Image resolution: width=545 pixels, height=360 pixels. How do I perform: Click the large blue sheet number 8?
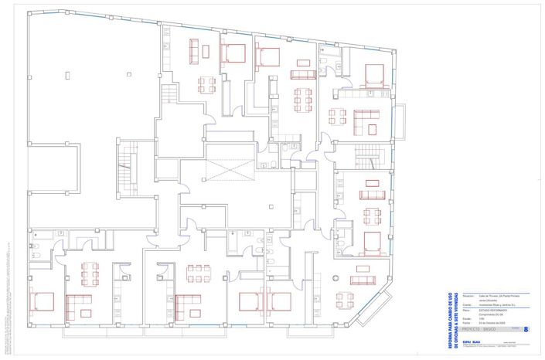(526, 329)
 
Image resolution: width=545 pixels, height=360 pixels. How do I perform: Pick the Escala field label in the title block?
(468, 319)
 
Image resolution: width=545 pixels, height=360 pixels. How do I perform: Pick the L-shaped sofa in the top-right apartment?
(366, 121)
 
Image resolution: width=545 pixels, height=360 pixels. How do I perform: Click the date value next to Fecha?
(496, 323)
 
